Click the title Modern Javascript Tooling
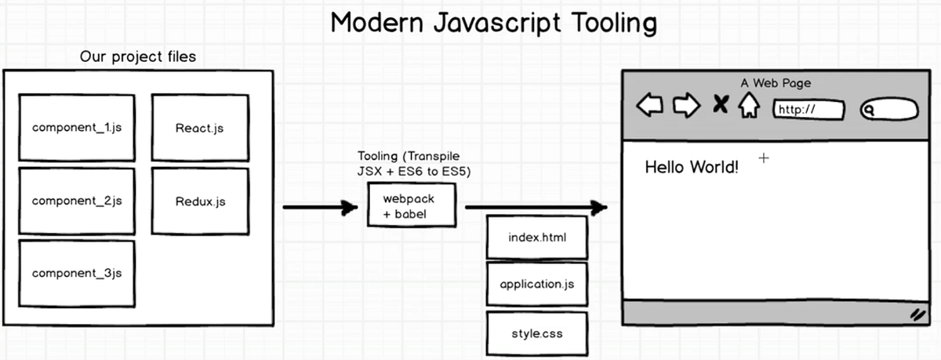(493, 23)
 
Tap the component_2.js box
(77, 202)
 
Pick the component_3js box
(77, 274)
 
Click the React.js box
(199, 129)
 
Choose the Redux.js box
(199, 202)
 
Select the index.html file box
(536, 237)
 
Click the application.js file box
(536, 284)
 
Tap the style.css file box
(536, 333)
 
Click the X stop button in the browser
(720, 104)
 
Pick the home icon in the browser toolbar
(748, 105)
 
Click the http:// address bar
(809, 110)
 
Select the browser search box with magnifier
(889, 110)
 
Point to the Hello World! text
(691, 167)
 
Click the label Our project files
(138, 56)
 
